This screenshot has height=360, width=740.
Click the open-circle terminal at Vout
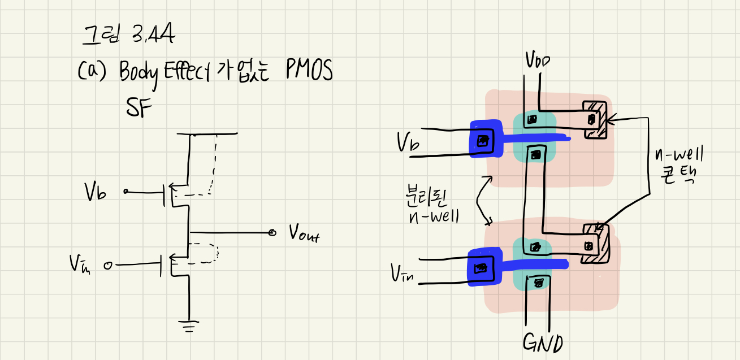[272, 232]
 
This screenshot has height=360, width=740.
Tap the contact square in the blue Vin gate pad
[481, 268]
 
